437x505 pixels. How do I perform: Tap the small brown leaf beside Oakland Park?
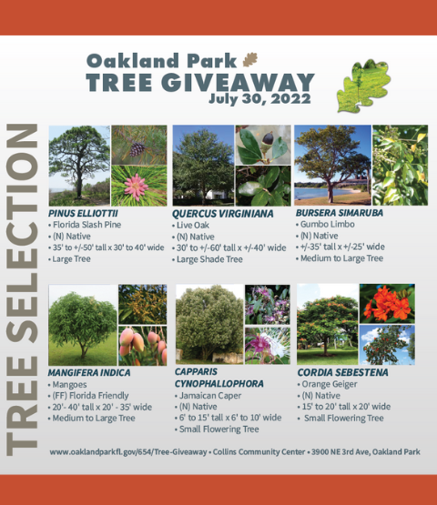point(249,60)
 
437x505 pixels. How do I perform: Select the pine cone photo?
point(139,145)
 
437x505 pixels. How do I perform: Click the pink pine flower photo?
point(139,186)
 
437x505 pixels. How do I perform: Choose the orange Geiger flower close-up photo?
point(387,303)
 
